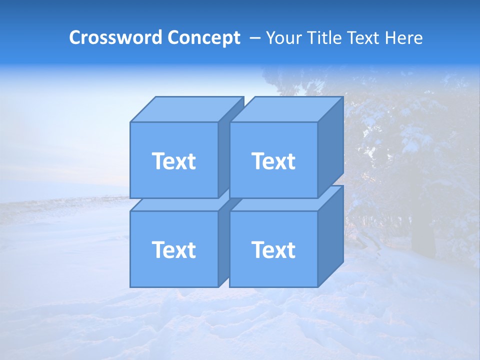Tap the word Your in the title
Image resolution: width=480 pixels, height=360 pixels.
point(283,38)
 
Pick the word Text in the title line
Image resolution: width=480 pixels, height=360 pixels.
point(366,38)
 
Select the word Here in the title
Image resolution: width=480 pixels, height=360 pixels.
point(404,38)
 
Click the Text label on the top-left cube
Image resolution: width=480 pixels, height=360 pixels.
point(174,161)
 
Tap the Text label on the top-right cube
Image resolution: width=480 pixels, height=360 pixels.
point(273,161)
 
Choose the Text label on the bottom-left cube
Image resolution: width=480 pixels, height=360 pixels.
point(174,249)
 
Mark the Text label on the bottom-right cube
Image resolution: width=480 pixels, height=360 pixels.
point(273,249)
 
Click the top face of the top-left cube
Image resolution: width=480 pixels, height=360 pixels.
point(186,109)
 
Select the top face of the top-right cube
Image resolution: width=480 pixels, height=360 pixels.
point(286,109)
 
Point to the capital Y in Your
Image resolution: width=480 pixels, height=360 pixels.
point(270,38)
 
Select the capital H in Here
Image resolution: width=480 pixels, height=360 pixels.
point(391,38)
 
